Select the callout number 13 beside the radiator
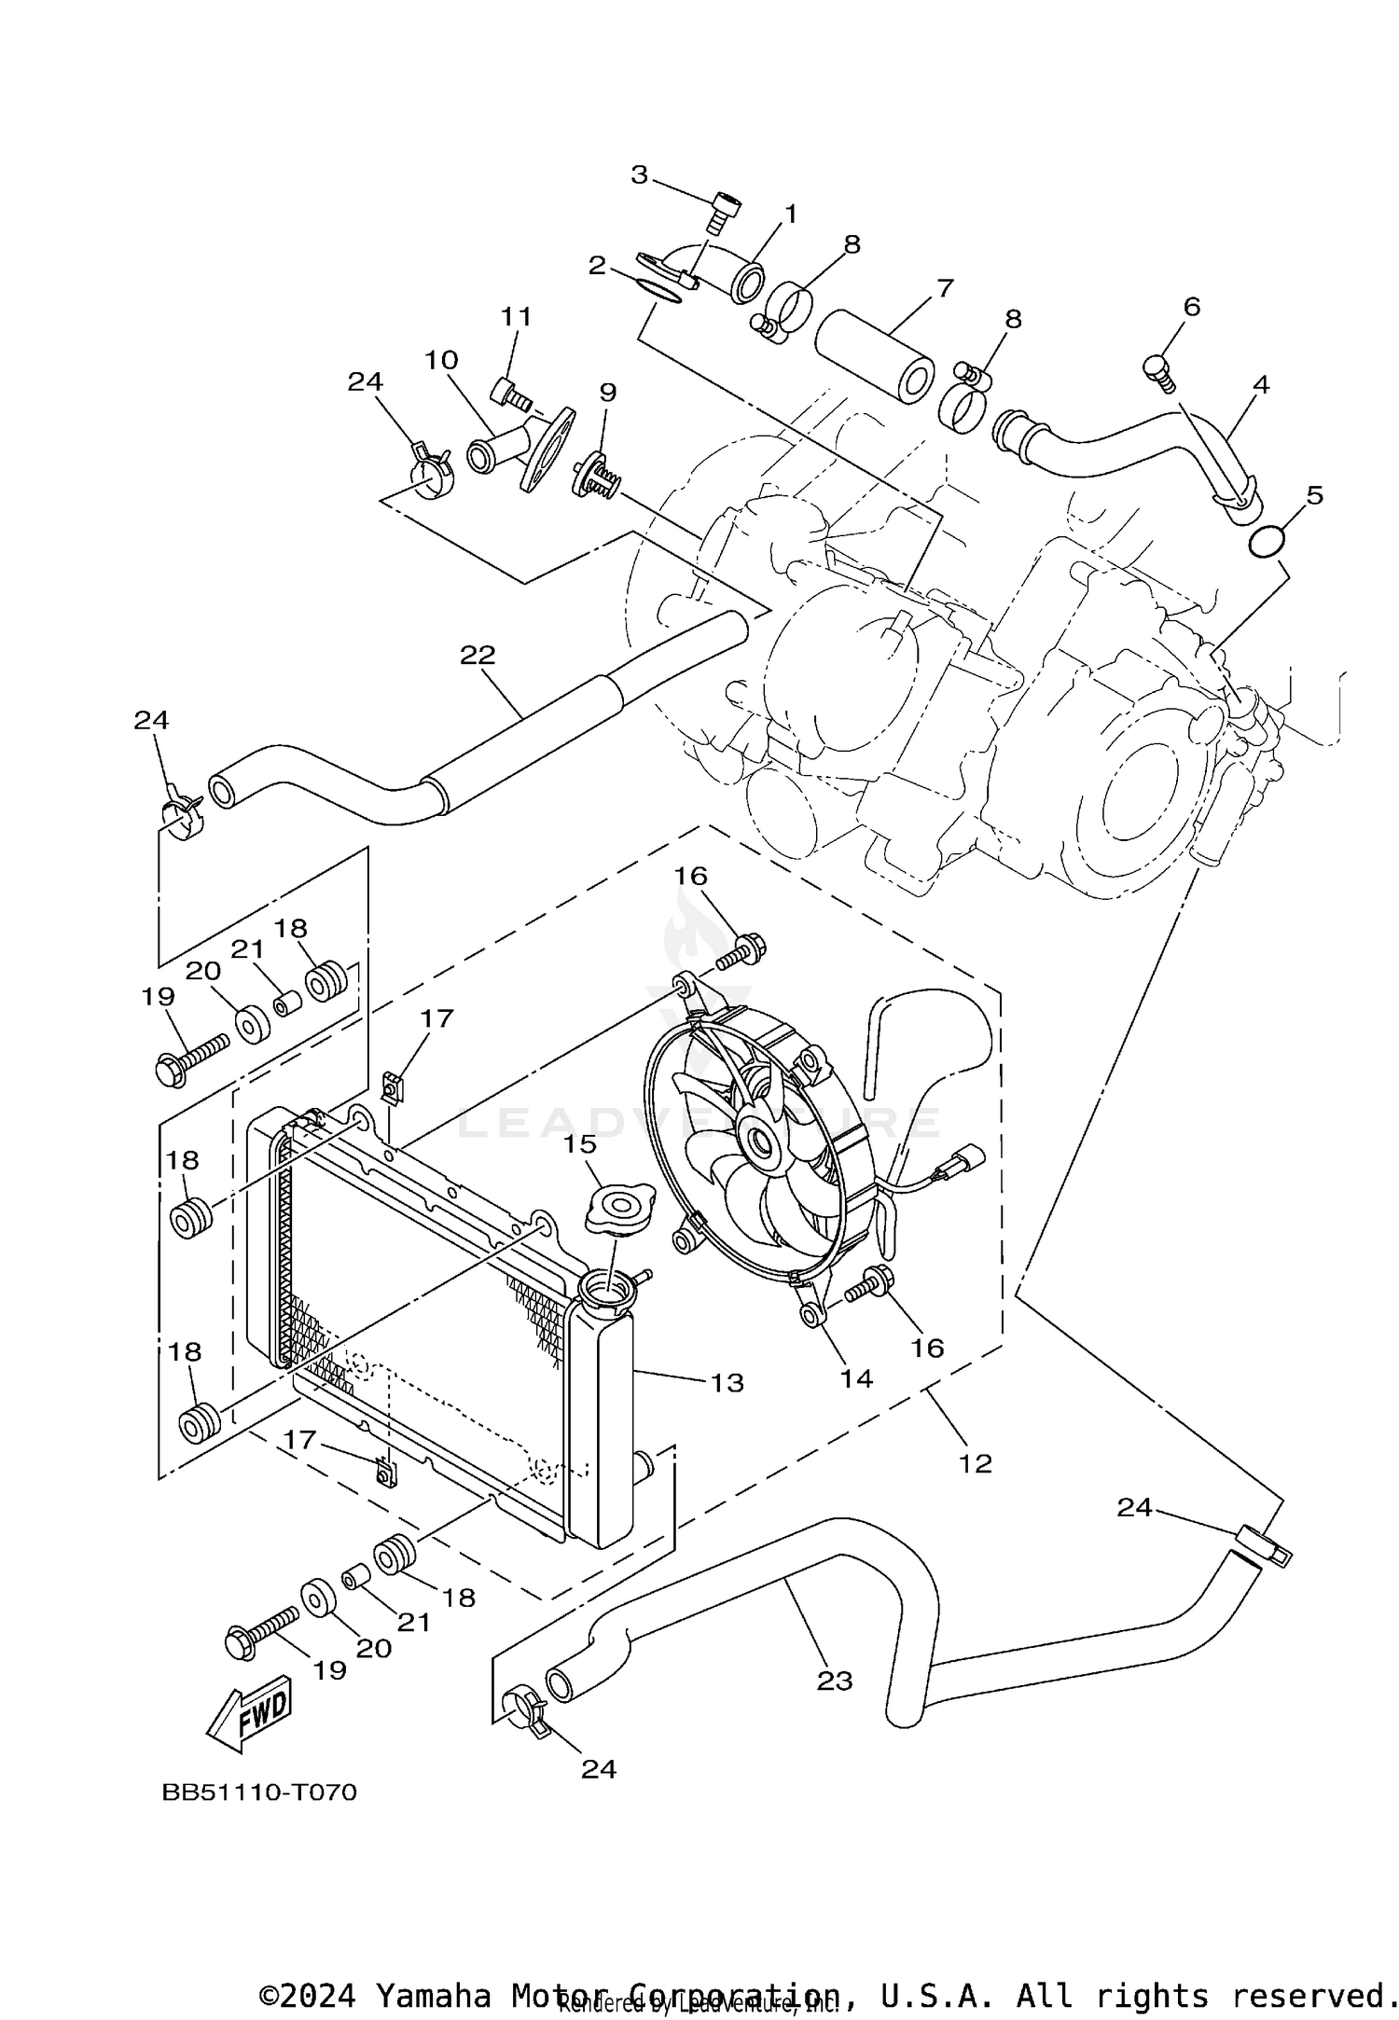pos(727,1382)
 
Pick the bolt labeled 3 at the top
pos(725,212)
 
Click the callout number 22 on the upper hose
pos(477,655)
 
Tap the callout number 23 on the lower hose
pos(835,1680)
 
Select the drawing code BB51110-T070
pos(260,1792)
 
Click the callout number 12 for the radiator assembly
pos(975,1463)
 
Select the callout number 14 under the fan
pos(855,1378)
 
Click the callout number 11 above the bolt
pos(516,317)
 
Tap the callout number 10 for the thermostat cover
pos(442,359)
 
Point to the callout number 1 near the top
pos(790,214)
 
